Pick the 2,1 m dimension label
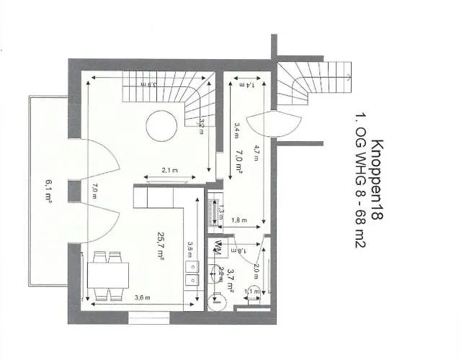(170, 171)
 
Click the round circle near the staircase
(161, 127)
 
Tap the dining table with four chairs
(109, 276)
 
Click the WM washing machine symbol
(218, 249)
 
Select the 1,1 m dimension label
(251, 291)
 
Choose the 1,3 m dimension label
(221, 212)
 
